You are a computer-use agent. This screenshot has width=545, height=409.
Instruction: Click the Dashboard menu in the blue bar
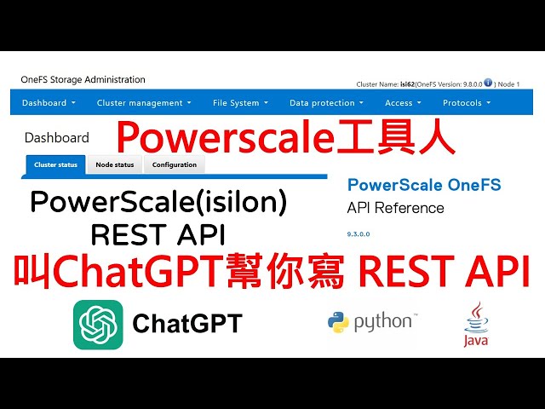(49, 103)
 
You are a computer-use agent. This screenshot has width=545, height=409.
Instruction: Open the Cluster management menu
(143, 103)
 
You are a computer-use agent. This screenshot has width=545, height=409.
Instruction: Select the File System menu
(240, 103)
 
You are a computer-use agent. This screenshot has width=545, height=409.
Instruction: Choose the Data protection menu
(326, 103)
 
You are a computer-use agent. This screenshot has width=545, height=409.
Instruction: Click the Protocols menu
(466, 103)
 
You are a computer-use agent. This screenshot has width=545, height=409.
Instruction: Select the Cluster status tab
(56, 164)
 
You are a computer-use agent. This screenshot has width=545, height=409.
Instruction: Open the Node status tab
(114, 164)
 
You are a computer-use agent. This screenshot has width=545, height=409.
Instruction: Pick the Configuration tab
(175, 164)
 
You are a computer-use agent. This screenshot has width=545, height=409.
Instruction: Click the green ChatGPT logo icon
(98, 325)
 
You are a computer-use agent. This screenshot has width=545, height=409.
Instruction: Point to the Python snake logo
(338, 323)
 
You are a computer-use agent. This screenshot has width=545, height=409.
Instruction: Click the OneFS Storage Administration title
(83, 80)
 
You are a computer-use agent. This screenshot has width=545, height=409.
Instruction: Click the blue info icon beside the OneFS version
(488, 84)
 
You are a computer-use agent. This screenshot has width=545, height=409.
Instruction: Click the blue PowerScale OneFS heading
(424, 185)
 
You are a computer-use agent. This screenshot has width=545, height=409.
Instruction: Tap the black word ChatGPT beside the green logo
(187, 324)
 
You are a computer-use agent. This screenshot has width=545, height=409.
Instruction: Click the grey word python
(383, 322)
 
